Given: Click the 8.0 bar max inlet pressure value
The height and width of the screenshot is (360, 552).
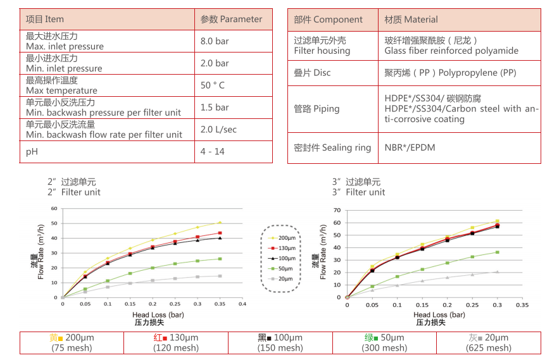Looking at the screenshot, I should (215, 41).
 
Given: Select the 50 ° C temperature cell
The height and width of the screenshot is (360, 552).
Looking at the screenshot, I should (213, 85).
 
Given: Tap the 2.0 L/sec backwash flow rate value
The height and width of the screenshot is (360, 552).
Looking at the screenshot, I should (218, 129).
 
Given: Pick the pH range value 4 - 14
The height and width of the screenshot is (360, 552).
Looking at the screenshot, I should (212, 151).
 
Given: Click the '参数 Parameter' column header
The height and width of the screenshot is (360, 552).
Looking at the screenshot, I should (231, 19).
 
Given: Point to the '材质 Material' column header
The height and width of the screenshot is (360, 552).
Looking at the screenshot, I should (411, 20).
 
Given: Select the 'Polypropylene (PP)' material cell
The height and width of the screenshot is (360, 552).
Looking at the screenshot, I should (451, 73).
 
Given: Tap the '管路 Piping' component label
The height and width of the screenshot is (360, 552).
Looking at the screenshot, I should (317, 109).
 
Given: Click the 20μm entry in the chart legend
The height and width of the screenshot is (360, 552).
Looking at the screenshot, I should (281, 279).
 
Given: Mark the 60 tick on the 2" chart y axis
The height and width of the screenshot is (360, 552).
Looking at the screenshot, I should (54, 209).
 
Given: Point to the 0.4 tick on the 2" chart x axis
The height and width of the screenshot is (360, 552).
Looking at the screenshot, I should (242, 304).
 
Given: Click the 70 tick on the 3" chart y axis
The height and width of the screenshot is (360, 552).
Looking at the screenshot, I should (337, 210).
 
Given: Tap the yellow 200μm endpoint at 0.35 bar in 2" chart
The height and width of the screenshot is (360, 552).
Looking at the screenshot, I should (220, 223).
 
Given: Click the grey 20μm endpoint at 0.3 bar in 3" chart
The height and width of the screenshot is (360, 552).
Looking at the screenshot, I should (497, 271).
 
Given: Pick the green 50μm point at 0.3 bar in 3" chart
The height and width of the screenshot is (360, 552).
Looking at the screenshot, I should (497, 252).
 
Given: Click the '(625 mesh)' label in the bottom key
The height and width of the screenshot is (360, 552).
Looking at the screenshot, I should (488, 348).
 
